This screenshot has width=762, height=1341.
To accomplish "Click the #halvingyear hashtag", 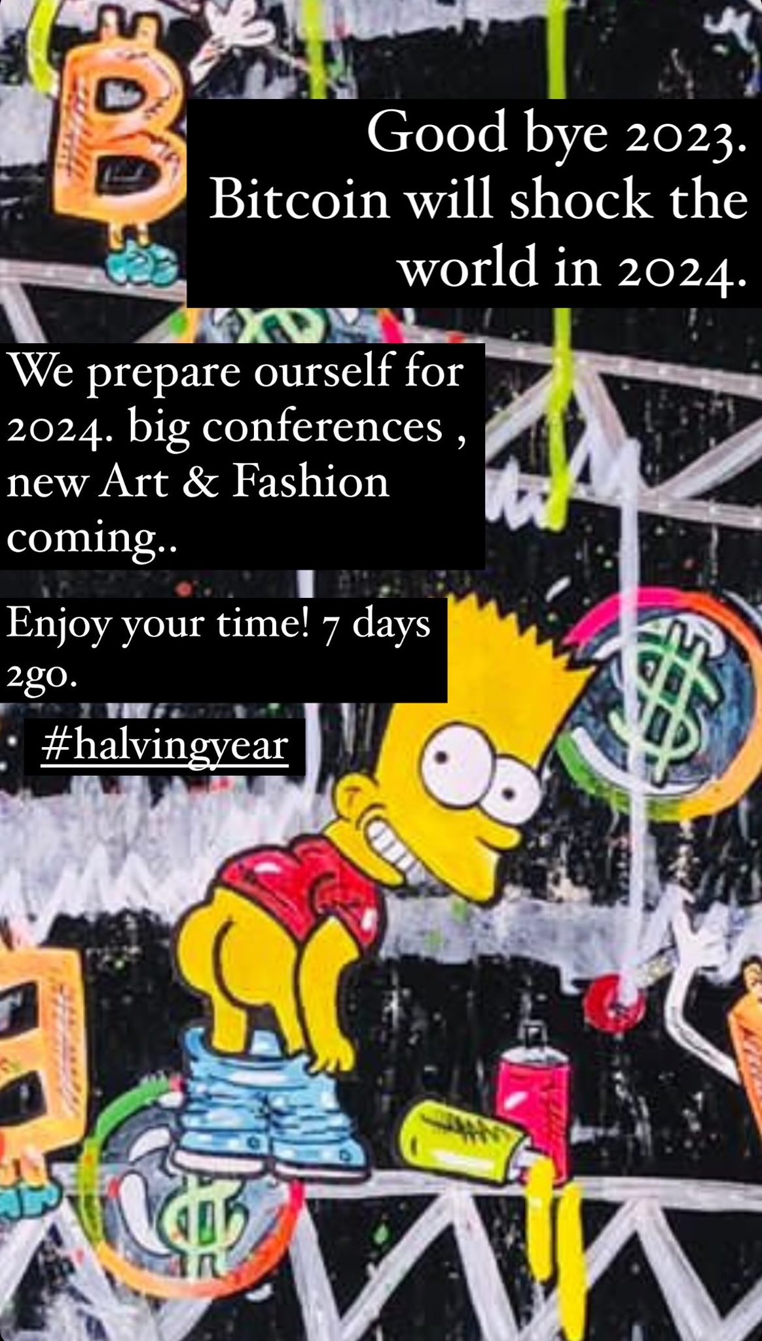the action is point(164,745).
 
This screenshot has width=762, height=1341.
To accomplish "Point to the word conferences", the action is point(321,427).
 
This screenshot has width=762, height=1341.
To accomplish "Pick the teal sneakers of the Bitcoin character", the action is point(141,263).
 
